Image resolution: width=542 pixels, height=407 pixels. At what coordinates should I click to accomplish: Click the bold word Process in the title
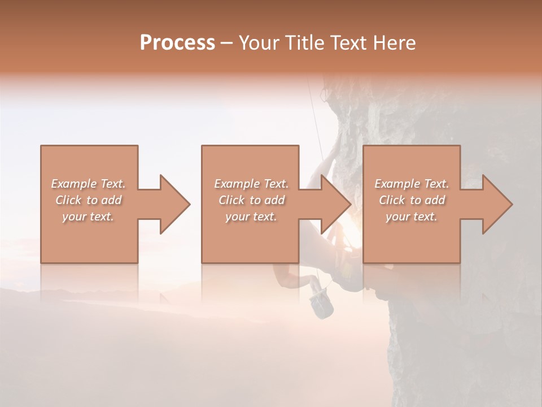[x=177, y=43]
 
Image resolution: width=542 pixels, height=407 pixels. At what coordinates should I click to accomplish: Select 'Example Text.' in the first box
[x=88, y=184]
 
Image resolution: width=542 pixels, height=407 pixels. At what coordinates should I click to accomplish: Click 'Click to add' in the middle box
[x=251, y=200]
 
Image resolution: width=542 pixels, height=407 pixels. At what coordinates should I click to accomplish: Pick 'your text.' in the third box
[x=412, y=217]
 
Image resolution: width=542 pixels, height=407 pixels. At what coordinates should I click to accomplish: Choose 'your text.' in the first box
[x=88, y=217]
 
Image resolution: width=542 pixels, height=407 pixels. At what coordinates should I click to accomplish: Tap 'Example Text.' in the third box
[x=412, y=184]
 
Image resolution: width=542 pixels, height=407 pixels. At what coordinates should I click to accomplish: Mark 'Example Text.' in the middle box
[x=251, y=184]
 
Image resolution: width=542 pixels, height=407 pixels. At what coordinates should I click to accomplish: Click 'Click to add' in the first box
[x=88, y=200]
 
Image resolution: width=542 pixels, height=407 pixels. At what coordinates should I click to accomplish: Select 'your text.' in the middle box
[x=251, y=217]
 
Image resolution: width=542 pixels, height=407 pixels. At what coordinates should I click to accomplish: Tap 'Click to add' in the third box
[x=412, y=200]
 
